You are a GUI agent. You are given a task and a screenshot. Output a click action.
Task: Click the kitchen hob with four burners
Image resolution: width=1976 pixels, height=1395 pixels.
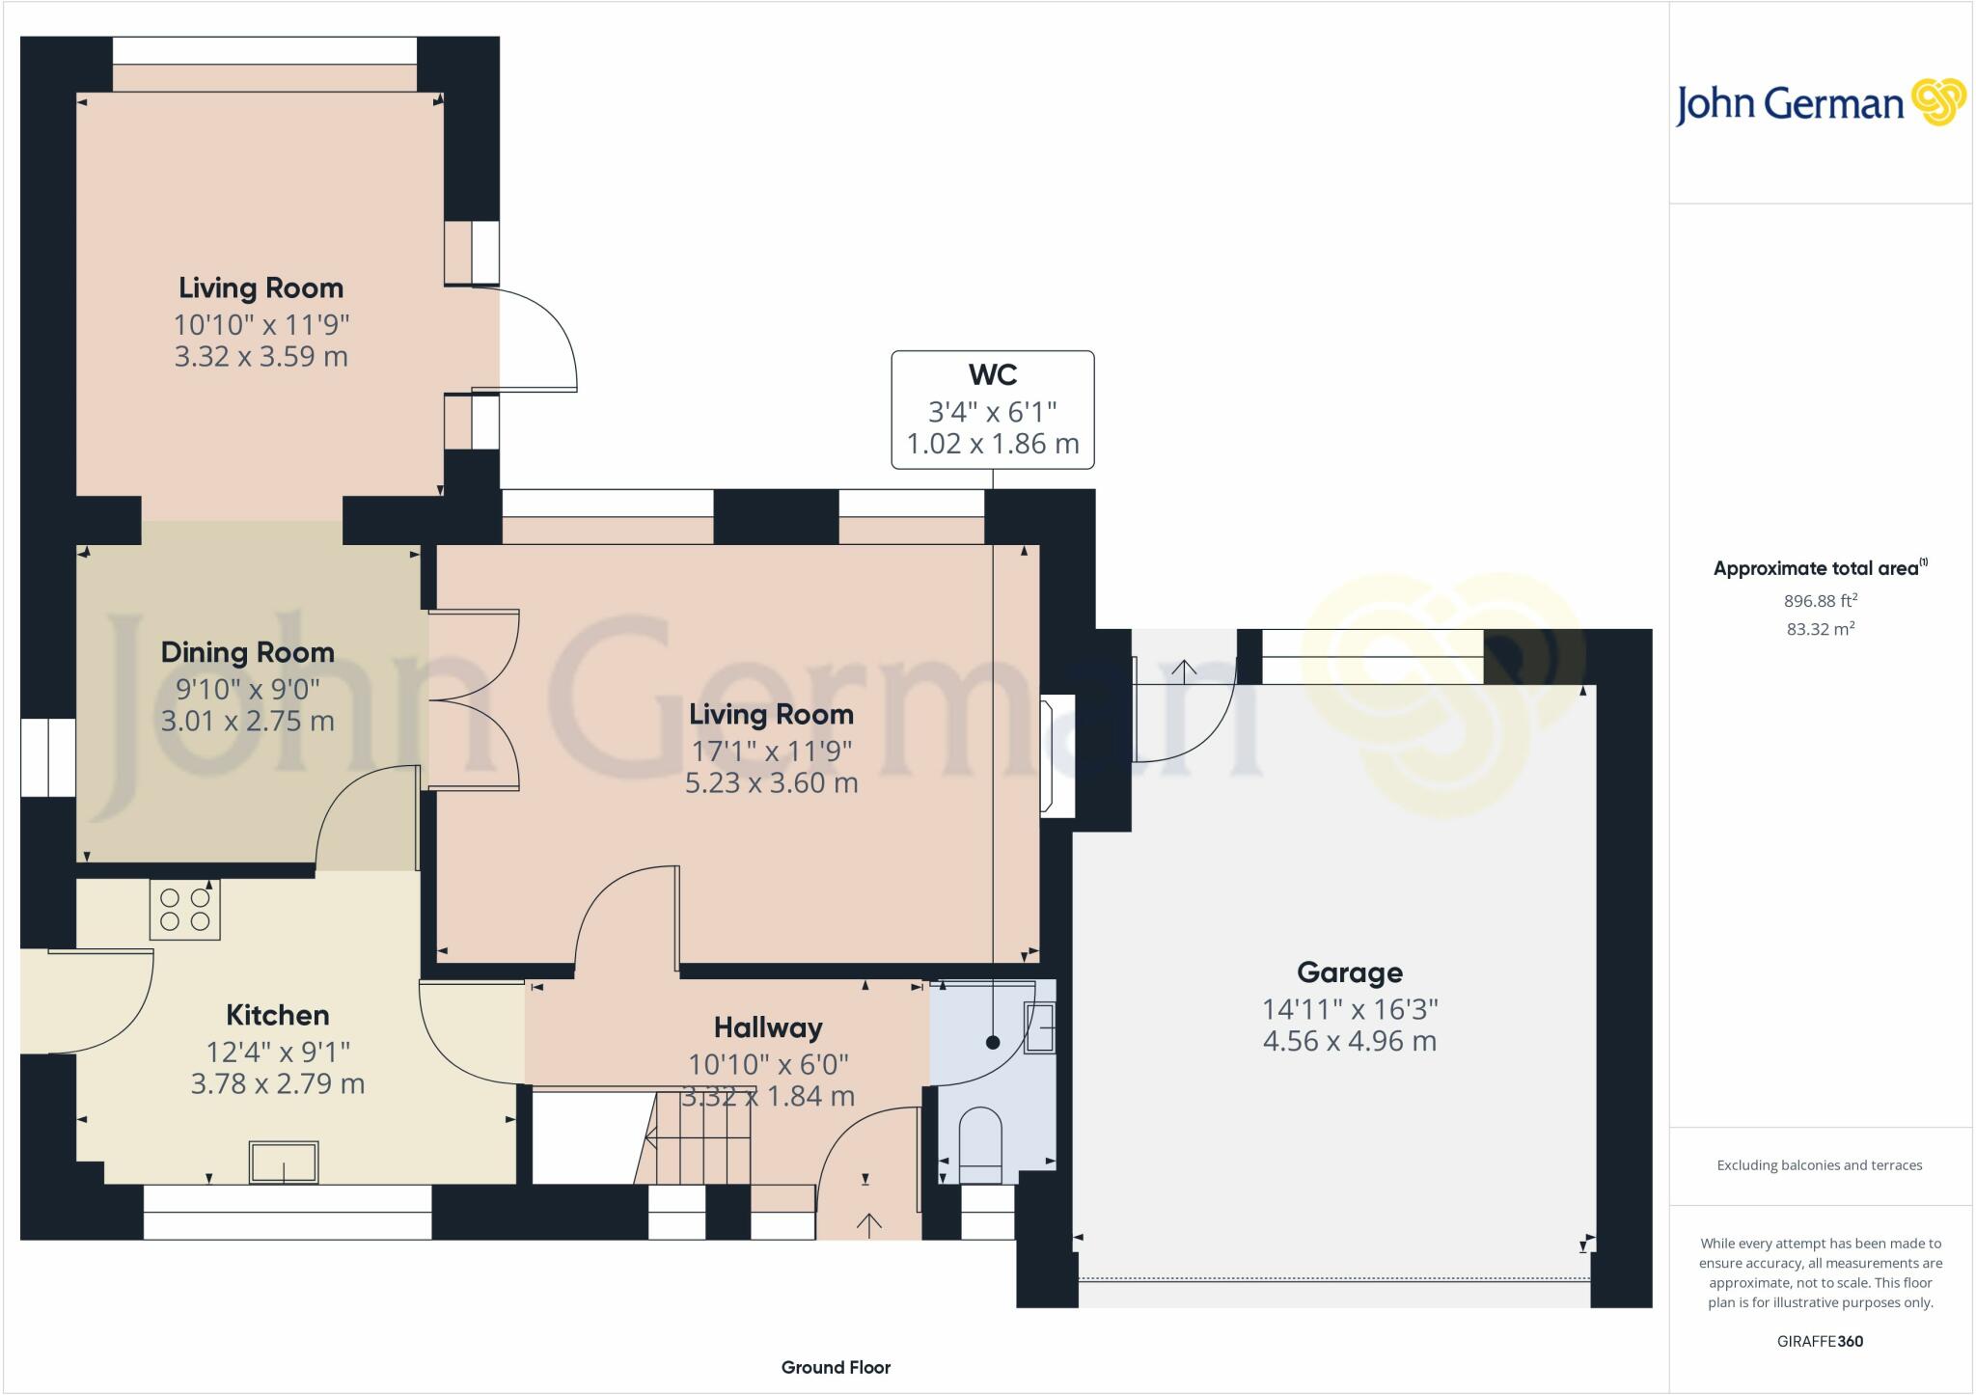click(x=185, y=909)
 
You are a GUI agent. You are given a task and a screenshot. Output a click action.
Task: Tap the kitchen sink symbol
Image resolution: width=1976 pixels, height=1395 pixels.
click(x=284, y=1162)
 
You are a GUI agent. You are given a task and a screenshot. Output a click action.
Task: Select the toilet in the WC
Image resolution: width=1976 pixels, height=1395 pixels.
click(x=981, y=1145)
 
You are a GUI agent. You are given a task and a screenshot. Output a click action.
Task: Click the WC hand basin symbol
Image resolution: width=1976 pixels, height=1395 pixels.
click(x=1039, y=1027)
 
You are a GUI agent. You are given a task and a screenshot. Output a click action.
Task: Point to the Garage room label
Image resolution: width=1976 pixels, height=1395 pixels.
click(x=1349, y=972)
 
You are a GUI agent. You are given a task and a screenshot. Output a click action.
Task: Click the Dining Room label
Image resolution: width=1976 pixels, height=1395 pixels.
click(x=248, y=653)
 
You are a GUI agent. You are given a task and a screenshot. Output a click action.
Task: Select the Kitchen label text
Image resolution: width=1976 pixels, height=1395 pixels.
click(x=278, y=1015)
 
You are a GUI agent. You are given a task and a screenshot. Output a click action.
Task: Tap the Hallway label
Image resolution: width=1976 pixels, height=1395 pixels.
click(x=768, y=1027)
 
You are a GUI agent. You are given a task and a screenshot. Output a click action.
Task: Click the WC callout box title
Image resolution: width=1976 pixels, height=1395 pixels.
click(x=993, y=374)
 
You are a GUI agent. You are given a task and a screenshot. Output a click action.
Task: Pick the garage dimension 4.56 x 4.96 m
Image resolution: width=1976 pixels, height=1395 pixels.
click(x=1349, y=1041)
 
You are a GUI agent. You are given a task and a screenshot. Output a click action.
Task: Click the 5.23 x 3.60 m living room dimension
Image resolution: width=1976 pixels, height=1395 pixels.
click(x=771, y=782)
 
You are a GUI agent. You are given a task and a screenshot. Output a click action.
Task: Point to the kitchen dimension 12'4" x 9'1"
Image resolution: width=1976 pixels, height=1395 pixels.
click(x=278, y=1051)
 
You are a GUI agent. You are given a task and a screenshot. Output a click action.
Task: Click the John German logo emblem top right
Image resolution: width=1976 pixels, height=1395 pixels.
click(x=1938, y=102)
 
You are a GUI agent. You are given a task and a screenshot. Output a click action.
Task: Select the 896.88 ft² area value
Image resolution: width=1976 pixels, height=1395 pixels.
click(x=1821, y=601)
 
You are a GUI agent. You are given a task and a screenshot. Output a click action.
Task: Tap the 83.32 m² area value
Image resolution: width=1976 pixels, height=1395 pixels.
click(x=1821, y=629)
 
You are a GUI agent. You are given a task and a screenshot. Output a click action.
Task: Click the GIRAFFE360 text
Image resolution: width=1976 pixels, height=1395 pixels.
click(x=1820, y=1341)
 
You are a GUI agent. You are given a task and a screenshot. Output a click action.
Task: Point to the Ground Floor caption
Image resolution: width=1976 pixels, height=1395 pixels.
click(x=836, y=1367)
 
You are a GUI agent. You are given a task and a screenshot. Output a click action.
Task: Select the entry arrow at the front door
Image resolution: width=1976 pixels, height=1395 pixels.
click(x=869, y=1224)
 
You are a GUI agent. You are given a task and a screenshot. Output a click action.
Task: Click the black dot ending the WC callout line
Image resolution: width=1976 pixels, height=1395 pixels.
click(x=993, y=1042)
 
